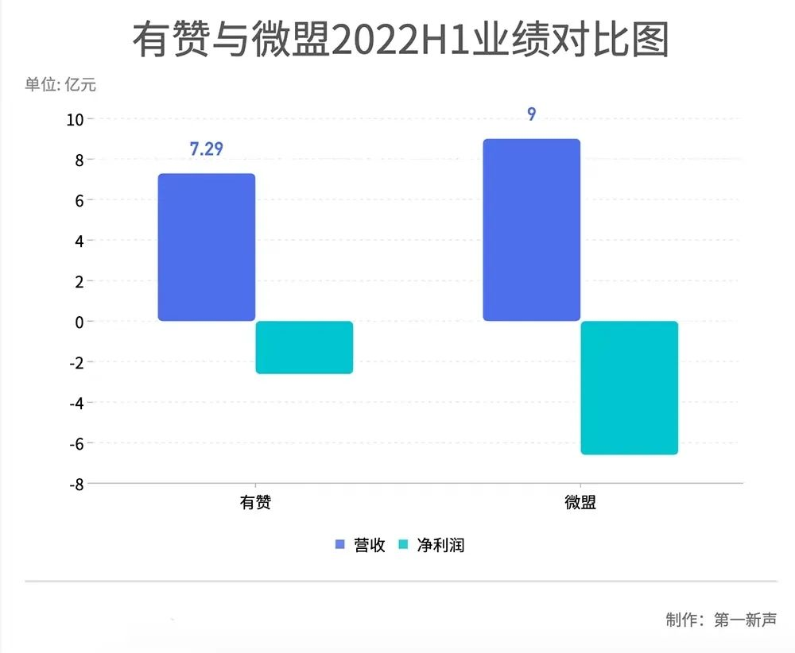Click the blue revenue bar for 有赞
tap(207, 247)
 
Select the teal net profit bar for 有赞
tap(304, 347)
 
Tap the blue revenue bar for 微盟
tap(532, 230)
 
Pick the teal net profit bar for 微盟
tap(629, 388)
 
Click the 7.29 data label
tap(206, 149)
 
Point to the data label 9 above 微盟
tap(531, 114)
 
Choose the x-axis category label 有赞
tap(255, 503)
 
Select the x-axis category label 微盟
tap(580, 503)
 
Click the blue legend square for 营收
tap(339, 545)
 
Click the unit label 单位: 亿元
tap(60, 84)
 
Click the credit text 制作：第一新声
tap(721, 620)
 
